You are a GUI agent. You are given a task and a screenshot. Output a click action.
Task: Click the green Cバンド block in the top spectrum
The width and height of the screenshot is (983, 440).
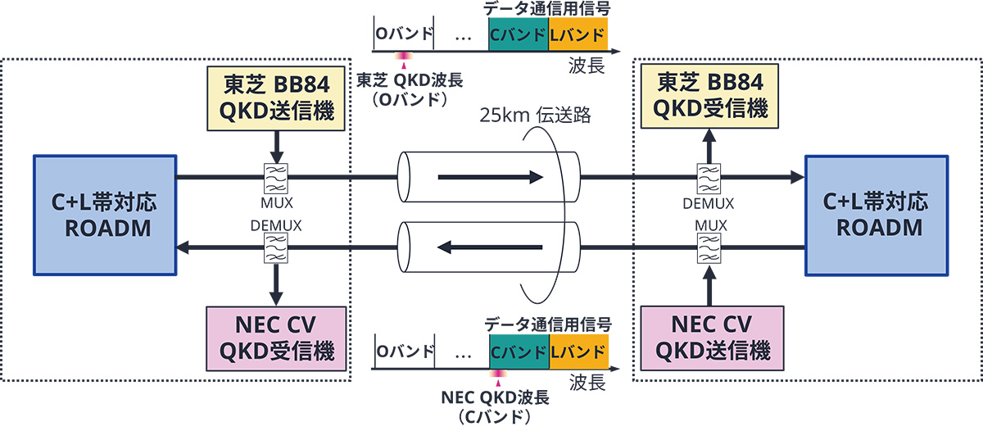coord(518,35)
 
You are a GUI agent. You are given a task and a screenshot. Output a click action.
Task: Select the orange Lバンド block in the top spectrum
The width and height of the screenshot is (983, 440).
coord(578,35)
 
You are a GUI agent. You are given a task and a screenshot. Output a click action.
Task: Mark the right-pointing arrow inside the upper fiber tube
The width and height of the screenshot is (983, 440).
coord(490,176)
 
